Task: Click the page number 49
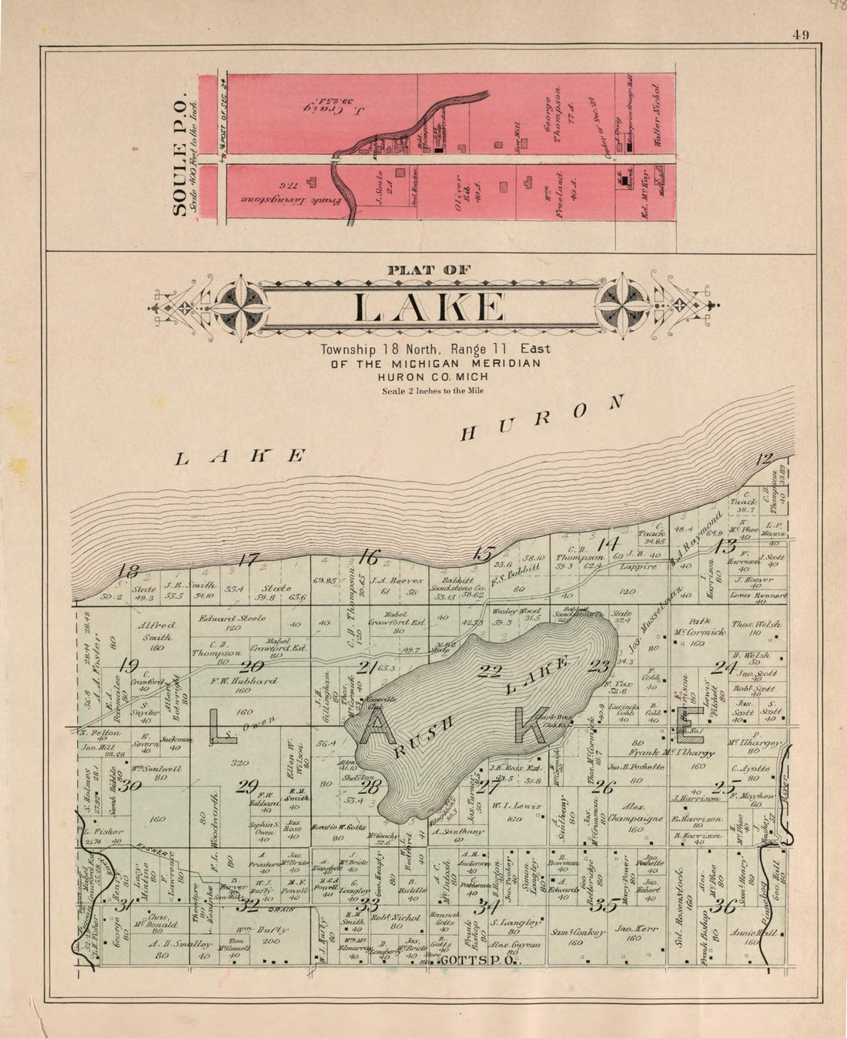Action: [x=799, y=34]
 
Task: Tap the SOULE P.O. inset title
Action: [x=180, y=156]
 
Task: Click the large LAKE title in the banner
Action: [x=430, y=308]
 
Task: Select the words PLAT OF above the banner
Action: [x=430, y=270]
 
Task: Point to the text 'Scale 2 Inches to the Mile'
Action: [x=434, y=390]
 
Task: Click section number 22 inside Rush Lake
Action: [x=489, y=671]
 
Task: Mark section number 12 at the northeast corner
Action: [x=763, y=459]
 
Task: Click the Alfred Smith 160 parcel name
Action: [x=156, y=631]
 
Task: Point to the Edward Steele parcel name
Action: [x=233, y=618]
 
